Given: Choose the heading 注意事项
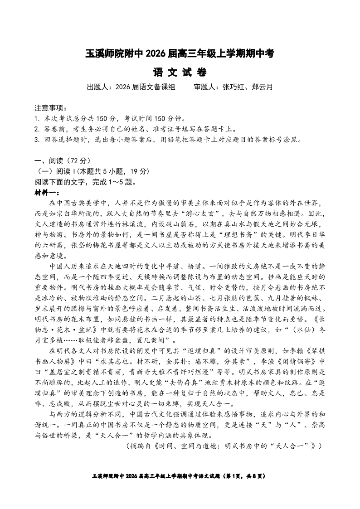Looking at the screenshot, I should pos(50,109).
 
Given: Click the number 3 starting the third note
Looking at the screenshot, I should pos(36,140).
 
